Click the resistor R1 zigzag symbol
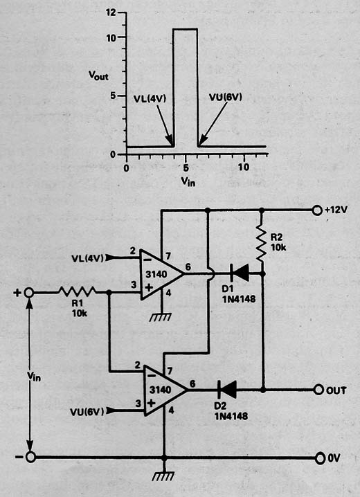click(x=77, y=292)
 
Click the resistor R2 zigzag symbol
click(x=262, y=243)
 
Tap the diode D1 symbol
click(x=239, y=273)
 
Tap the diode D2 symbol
click(x=227, y=390)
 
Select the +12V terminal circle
click(x=317, y=210)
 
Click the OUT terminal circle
click(x=318, y=390)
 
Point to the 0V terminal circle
click(x=321, y=458)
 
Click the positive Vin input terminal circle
click(x=29, y=293)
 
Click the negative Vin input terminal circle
click(x=30, y=458)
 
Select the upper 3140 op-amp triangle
click(x=161, y=274)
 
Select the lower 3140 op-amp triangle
click(x=165, y=390)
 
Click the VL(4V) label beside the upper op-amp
click(x=88, y=258)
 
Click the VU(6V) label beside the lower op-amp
click(x=87, y=412)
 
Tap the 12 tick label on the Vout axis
click(x=112, y=12)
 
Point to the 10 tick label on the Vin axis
click(x=243, y=167)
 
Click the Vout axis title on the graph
click(x=98, y=75)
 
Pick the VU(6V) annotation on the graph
click(x=225, y=97)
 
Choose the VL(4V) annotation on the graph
click(x=150, y=98)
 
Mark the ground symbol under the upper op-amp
click(x=161, y=317)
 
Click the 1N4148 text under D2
click(x=231, y=416)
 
